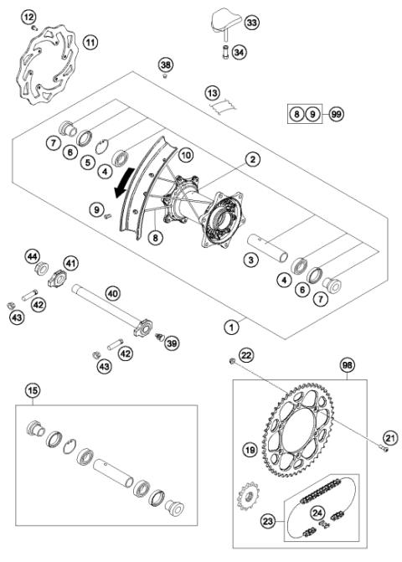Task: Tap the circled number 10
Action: [x=185, y=156]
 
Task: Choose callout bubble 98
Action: [x=346, y=365]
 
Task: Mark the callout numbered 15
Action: [x=33, y=391]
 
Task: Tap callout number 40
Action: [x=111, y=294]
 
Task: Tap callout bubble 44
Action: [x=33, y=255]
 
